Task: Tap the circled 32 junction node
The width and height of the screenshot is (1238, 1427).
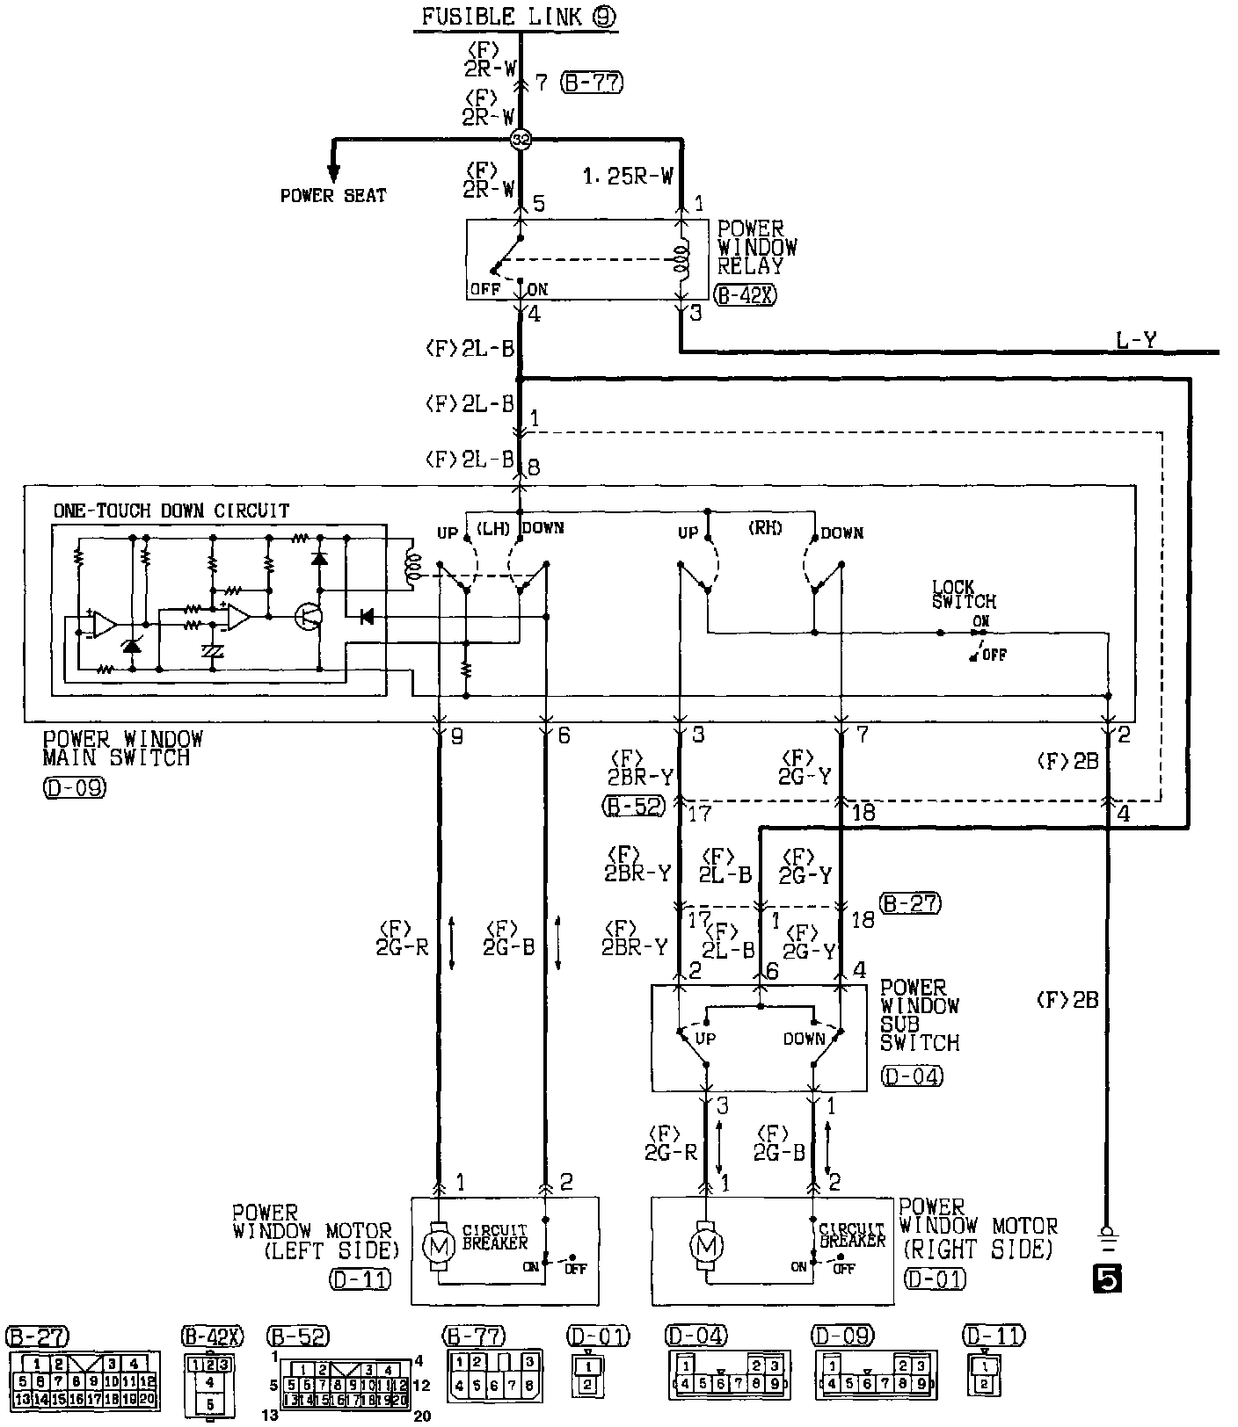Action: [x=521, y=139]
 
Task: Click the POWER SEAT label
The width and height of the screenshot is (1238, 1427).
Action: [x=333, y=195]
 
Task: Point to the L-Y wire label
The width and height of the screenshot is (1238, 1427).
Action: [x=1137, y=340]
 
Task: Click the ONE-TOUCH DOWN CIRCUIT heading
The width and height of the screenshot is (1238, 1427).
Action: [x=171, y=511]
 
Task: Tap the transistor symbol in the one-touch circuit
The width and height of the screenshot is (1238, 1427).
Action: [x=308, y=617]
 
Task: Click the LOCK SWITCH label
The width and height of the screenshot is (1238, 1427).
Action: [x=964, y=594]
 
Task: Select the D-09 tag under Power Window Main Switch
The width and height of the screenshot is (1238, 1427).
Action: [x=74, y=787]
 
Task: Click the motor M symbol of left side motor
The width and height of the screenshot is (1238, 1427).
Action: [x=438, y=1244]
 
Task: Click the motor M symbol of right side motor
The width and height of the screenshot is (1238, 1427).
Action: [x=705, y=1245]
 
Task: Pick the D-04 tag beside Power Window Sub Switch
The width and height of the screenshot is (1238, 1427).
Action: [x=911, y=1076]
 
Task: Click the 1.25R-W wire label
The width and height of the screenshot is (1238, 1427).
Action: [x=628, y=176]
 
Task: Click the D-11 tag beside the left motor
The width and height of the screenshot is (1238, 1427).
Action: [x=360, y=1279]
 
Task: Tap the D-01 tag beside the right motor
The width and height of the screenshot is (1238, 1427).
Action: [x=933, y=1279]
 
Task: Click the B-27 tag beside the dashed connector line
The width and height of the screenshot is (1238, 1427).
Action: [x=910, y=902]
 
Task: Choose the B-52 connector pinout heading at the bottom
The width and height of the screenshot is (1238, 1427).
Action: [x=297, y=1336]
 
